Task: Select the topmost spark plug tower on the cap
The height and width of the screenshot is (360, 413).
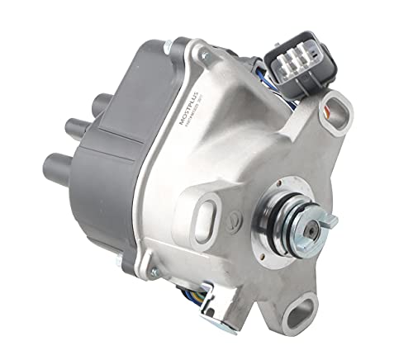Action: pos(97,105)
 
